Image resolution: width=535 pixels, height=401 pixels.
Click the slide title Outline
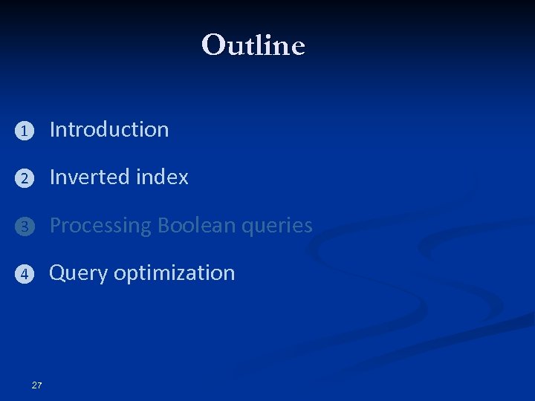point(253,45)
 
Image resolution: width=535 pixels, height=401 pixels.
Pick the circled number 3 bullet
point(24,227)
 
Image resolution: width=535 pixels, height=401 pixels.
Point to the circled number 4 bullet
point(24,275)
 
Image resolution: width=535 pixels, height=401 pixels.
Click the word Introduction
point(109,129)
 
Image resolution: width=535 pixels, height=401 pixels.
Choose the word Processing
point(100,226)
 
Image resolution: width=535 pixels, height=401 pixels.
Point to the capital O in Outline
point(213,45)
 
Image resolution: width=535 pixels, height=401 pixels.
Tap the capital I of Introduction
point(52,129)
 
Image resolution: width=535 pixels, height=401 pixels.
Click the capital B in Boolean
point(163,225)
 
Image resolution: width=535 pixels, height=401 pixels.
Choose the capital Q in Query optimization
point(56,273)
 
